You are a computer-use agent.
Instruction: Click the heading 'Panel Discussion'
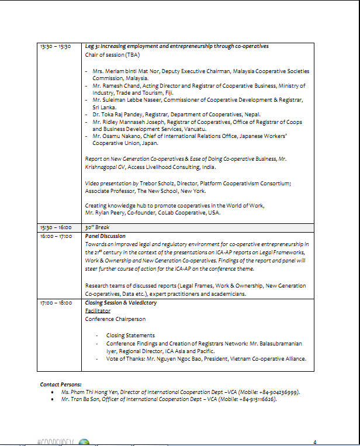click(105, 236)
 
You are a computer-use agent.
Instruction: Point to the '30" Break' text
click(98, 227)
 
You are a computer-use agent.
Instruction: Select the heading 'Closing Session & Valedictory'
click(121, 303)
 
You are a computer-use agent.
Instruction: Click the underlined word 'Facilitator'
click(98, 311)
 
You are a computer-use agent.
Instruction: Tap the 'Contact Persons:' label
click(61, 384)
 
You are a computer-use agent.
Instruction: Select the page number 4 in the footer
click(315, 441)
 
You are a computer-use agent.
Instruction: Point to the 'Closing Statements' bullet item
click(130, 336)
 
